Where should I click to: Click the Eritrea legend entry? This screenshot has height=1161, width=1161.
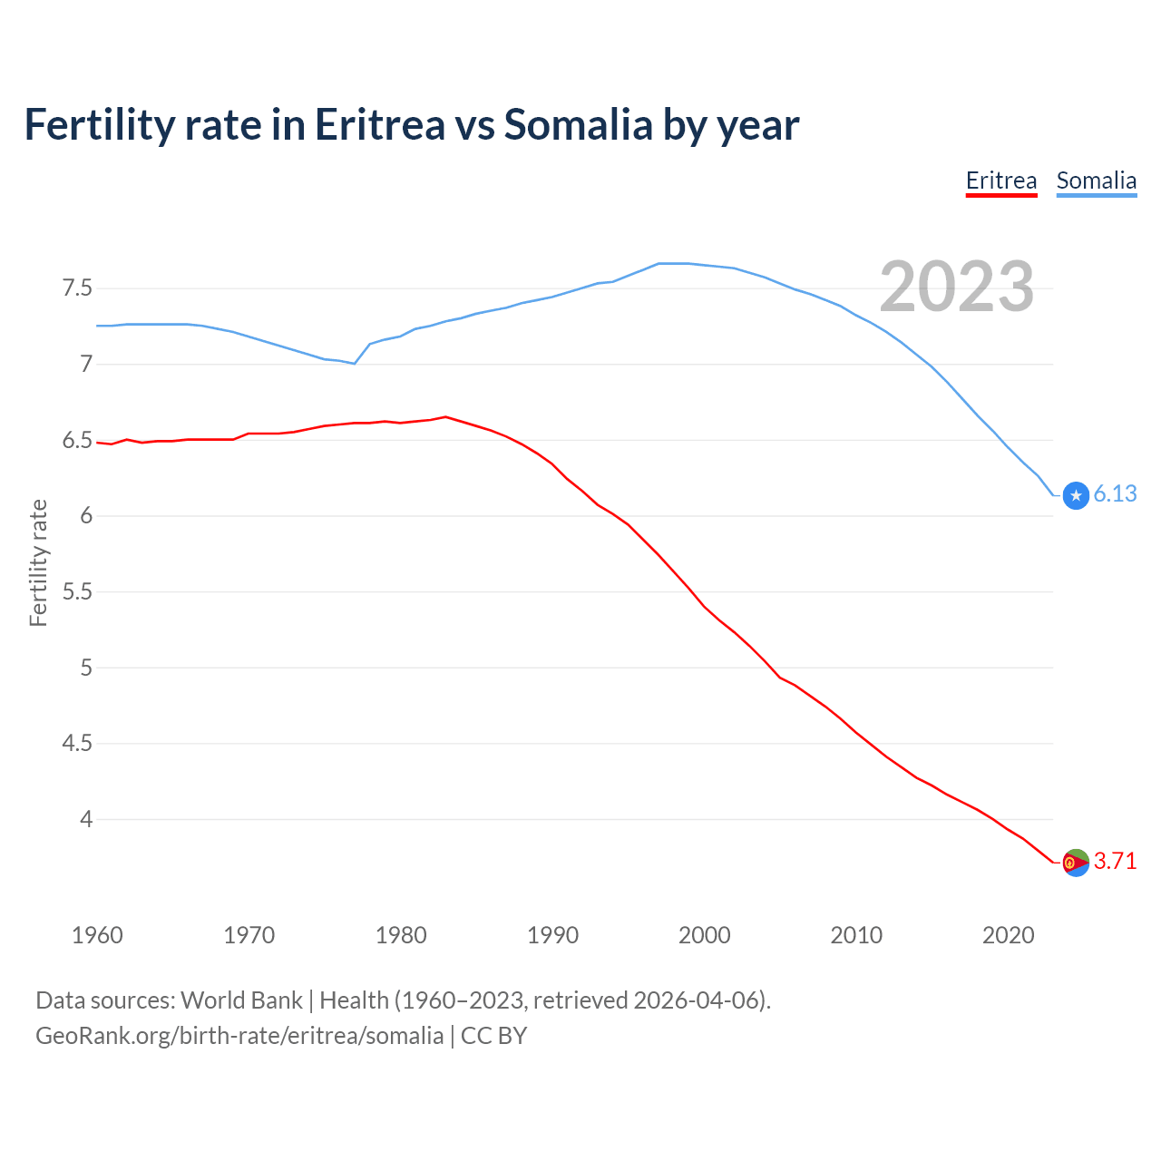click(1000, 180)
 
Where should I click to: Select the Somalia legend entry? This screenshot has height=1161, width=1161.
click(1096, 180)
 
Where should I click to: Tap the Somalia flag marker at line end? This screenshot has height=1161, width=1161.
click(1076, 495)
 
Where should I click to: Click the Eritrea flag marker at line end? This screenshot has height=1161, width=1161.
click(1076, 863)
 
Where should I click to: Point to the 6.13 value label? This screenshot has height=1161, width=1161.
click(1115, 493)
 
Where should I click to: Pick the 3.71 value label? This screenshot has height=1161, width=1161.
click(1115, 861)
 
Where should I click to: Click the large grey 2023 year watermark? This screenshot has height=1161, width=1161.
click(956, 287)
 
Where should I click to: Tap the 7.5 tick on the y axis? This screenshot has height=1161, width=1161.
click(77, 288)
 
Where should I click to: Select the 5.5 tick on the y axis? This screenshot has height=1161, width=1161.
click(77, 591)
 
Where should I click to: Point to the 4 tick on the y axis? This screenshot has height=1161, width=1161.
click(86, 819)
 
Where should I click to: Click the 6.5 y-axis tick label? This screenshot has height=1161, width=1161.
click(77, 441)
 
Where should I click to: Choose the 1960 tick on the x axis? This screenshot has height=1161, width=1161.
click(97, 935)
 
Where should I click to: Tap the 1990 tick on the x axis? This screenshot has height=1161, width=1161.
click(552, 935)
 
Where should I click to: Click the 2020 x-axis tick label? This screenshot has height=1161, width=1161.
click(1008, 935)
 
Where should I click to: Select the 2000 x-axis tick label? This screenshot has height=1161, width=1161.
click(704, 935)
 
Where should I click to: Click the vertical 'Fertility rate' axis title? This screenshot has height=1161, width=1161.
click(38, 562)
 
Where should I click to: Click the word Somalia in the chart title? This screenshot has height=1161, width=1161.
click(577, 124)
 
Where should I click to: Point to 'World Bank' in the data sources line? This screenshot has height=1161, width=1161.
click(241, 1000)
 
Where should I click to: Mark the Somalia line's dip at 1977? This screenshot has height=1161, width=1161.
click(355, 364)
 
